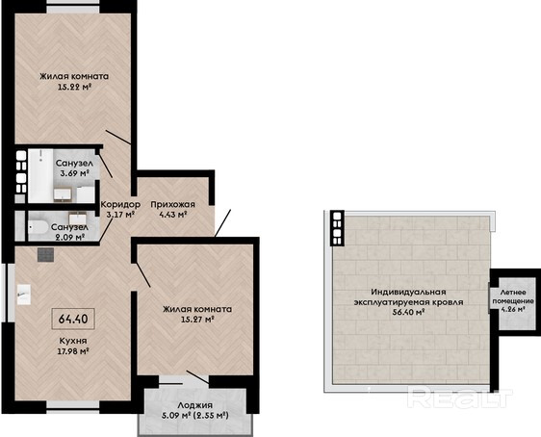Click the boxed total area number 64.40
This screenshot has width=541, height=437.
tap(73, 319)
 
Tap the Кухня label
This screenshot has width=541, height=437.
tap(73, 341)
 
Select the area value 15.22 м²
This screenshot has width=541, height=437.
tap(74, 87)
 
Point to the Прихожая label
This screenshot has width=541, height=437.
tap(173, 204)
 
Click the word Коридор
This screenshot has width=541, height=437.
tap(120, 204)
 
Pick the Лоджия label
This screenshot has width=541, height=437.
tap(195, 405)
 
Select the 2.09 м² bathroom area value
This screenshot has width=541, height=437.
tap(68, 238)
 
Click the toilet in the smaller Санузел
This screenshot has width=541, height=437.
tap(38, 227)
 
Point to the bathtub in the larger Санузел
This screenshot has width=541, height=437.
tap(40, 175)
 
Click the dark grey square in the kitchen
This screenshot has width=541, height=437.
tap(45, 255)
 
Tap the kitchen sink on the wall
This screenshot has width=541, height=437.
tap(24, 295)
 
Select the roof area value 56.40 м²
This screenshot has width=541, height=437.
tap(408, 313)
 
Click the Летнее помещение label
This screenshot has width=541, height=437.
tap(513, 296)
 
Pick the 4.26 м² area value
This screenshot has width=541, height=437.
tap(513, 309)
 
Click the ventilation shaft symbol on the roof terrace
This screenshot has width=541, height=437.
tap(337, 227)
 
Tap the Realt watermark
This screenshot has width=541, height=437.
tap(459, 398)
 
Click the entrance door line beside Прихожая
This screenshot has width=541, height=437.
tap(222, 222)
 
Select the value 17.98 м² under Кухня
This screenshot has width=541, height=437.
tap(73, 351)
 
